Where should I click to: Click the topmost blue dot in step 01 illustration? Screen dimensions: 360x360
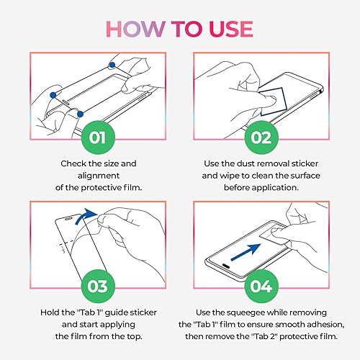coord(112,66)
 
